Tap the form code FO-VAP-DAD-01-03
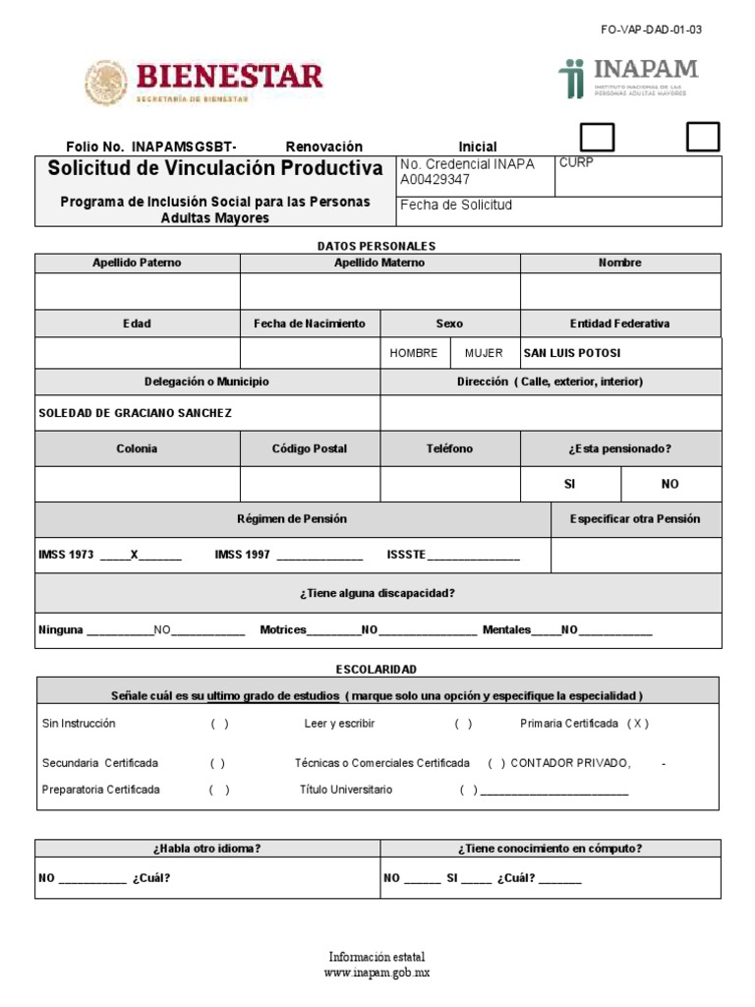coord(651,30)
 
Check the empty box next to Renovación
coord(599,138)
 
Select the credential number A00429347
coord(435,180)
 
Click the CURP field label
coord(576,163)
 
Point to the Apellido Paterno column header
coord(137,263)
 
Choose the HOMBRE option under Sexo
coord(414,353)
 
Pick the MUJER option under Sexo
coord(484,353)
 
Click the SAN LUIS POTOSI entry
coord(572,353)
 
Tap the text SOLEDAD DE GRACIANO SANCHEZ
coord(135,413)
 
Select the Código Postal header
coord(310,448)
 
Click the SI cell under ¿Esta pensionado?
coord(569,484)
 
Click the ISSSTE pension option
coord(405,555)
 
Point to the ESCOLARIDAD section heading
coord(377,669)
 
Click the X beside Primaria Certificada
coord(638,724)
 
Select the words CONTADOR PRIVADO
coord(571,763)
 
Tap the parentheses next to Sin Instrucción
coord(219,724)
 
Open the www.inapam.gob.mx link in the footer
coord(377,973)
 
